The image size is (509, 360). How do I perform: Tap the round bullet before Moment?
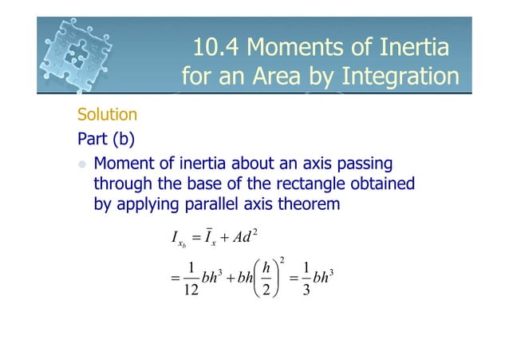[x=81, y=164]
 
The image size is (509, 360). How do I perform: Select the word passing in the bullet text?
[x=365, y=164]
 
